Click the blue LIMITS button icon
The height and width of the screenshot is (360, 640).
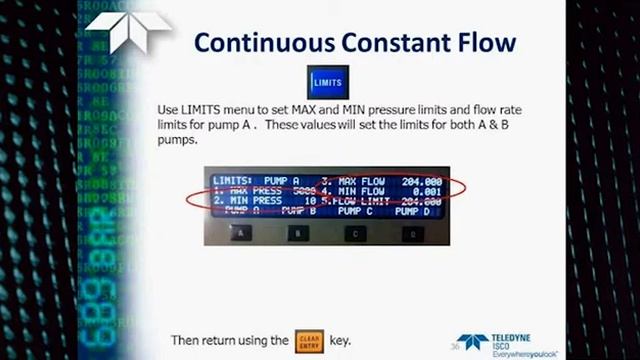point(327,81)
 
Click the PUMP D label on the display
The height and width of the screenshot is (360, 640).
point(412,211)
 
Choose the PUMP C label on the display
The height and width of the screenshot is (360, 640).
point(354,211)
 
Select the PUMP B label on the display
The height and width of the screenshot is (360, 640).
point(297,211)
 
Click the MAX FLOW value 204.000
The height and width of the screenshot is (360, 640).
point(421,181)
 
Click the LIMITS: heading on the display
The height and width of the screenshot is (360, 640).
point(233,181)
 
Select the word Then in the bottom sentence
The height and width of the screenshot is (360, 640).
point(188,340)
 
